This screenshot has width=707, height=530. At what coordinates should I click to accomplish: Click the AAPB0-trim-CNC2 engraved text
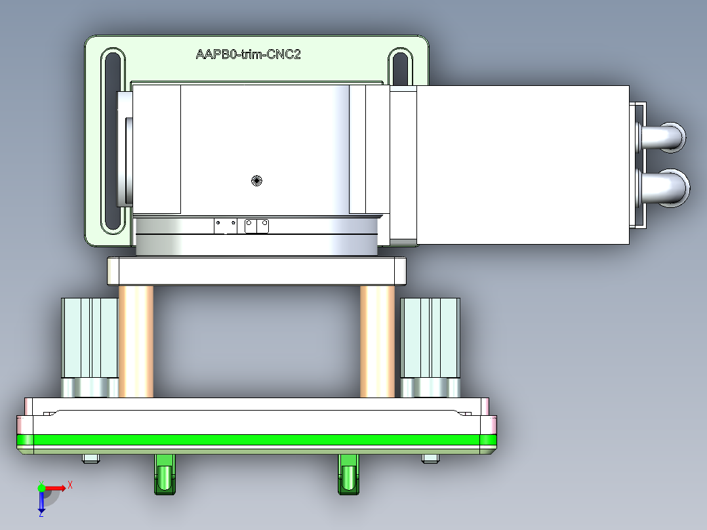248,54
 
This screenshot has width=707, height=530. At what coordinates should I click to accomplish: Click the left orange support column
136,341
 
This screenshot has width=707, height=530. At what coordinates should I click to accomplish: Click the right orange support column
377,341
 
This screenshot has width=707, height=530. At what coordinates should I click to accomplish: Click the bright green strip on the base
262,439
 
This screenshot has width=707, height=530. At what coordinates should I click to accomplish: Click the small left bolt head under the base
91,459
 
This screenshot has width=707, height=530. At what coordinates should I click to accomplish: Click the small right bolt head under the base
430,459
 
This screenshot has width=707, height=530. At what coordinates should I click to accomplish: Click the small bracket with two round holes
256,226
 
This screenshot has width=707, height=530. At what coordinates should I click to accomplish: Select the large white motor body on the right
521,164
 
